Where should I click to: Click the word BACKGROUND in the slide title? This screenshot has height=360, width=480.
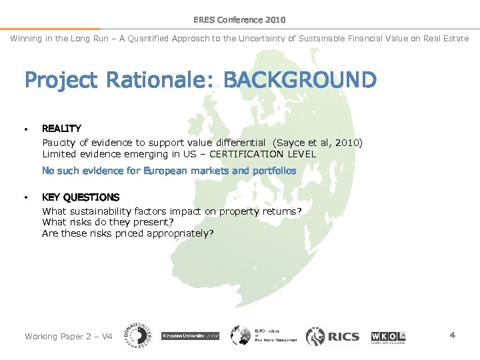point(299,81)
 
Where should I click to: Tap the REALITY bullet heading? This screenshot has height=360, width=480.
point(61,128)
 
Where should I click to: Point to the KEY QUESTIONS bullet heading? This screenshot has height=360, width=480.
point(81,197)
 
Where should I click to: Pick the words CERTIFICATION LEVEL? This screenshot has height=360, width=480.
point(267,154)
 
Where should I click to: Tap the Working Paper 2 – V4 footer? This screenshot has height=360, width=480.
point(68,336)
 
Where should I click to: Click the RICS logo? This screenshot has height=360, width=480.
point(333,337)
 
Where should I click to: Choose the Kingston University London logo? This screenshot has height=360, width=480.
point(191,336)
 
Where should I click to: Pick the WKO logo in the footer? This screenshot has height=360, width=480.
point(388,335)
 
